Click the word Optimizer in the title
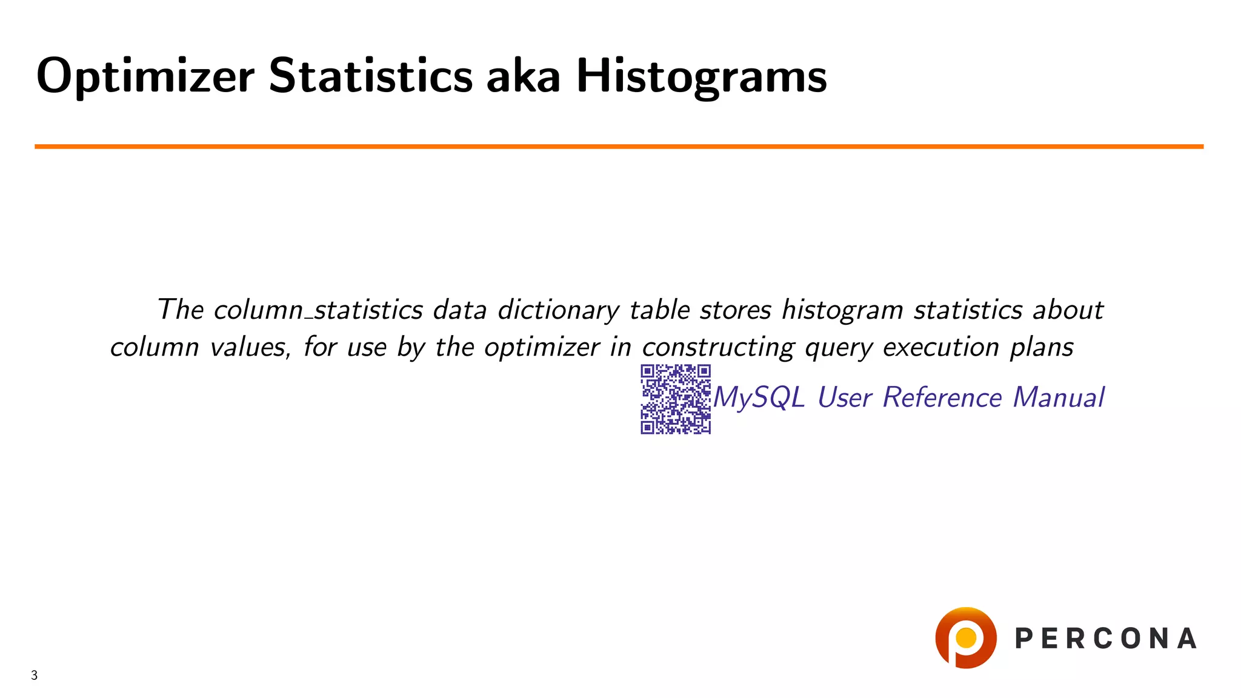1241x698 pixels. (145, 77)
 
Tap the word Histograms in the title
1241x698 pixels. (701, 77)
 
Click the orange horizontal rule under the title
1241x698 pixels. (618, 147)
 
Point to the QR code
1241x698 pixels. (676, 399)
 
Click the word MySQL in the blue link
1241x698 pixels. (759, 398)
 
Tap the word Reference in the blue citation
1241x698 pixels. (942, 398)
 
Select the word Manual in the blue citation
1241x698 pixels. (1059, 398)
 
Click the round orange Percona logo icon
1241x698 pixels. (965, 638)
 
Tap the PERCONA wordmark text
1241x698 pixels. (1106, 639)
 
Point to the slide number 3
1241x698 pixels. (35, 676)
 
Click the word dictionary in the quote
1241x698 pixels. (558, 310)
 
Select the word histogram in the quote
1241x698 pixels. (842, 310)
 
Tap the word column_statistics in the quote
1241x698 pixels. (318, 310)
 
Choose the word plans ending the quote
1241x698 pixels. (1042, 348)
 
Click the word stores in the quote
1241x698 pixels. (735, 310)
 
